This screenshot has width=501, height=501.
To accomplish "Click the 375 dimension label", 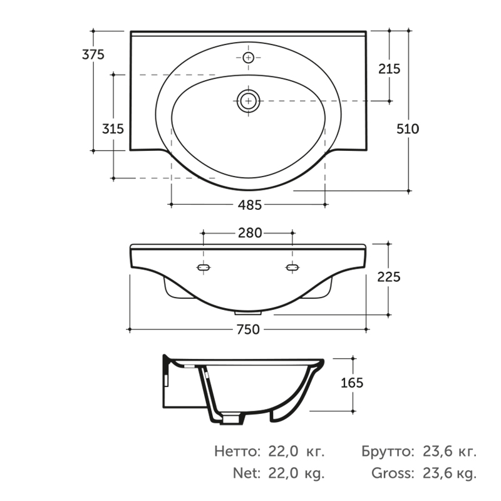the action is point(93,54).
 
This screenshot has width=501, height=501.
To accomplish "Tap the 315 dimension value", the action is point(113,129).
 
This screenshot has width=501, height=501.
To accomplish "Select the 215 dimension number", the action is point(389,69).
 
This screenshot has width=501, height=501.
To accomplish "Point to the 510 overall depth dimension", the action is point(408,129).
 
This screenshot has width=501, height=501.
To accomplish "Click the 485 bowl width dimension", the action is point(250,205).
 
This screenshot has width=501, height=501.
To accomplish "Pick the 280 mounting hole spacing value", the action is point(250,233).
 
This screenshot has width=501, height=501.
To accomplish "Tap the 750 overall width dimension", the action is point(248,329).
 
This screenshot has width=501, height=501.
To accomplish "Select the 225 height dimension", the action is point(388,277).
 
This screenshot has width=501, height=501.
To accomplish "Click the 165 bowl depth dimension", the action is point(352,383).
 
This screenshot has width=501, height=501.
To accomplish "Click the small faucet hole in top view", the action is point(248,58).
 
